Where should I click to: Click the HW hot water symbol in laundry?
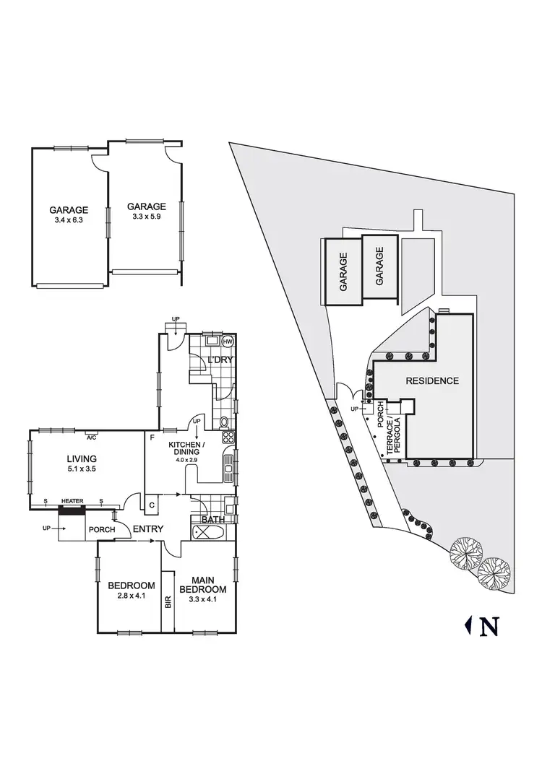tap(228, 341)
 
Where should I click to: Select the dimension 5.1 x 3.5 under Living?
tap(82, 469)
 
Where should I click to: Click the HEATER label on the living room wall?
tap(72, 501)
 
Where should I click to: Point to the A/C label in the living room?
tap(91, 438)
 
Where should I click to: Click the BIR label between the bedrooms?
tap(168, 601)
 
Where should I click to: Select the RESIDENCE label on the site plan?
tap(432, 380)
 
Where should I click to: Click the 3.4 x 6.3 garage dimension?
tap(69, 220)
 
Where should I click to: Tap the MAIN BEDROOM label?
tap(208, 584)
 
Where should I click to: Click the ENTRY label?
tap(147, 529)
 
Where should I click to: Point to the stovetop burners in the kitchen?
tap(228, 437)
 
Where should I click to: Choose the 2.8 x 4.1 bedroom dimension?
tap(132, 596)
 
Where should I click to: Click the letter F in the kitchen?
tap(152, 438)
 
